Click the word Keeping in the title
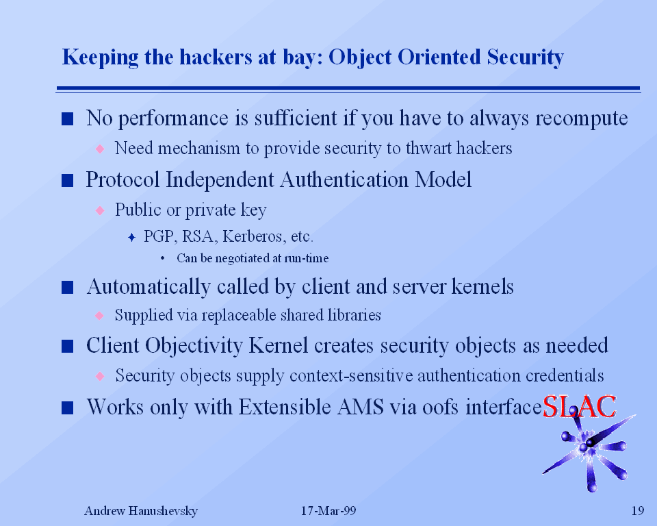(100, 57)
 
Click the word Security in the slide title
(525, 57)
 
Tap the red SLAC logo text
(579, 406)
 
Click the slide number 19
(638, 510)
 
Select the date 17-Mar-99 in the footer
(328, 510)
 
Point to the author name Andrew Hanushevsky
(141, 510)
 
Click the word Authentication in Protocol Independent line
(344, 179)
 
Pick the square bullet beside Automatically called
(68, 288)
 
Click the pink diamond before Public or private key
(100, 210)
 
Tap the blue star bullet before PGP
(131, 238)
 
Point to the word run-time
(307, 258)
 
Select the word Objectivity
(194, 346)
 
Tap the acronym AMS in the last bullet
(361, 407)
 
